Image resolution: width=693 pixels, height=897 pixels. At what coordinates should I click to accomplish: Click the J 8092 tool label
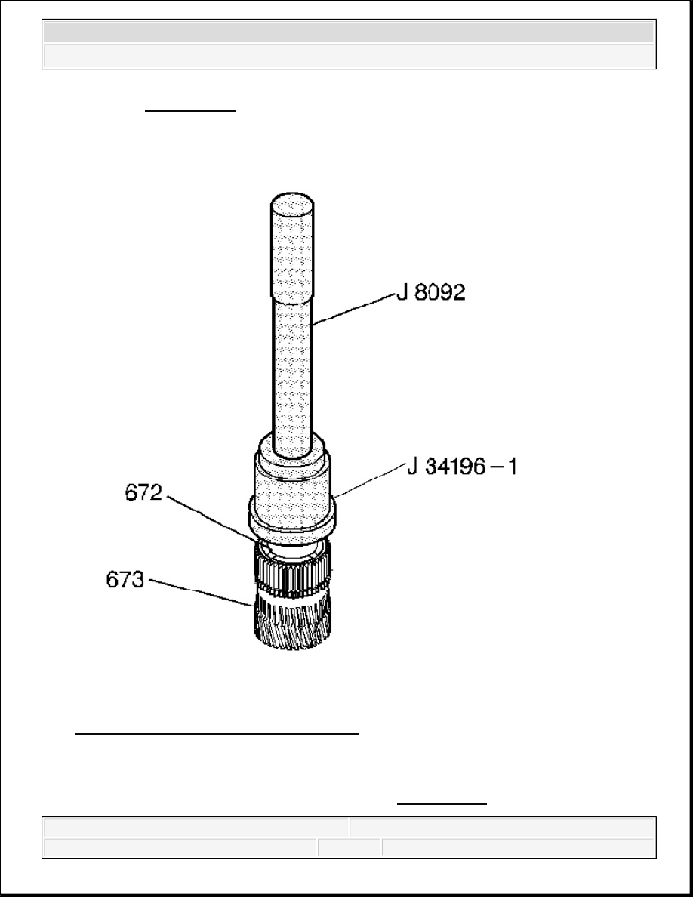tap(431, 292)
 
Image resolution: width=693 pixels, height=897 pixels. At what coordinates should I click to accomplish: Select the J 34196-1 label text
tap(462, 467)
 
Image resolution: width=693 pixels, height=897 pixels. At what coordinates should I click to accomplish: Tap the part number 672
tap(143, 492)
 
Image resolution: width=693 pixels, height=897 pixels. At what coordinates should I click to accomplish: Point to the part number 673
tap(125, 580)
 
